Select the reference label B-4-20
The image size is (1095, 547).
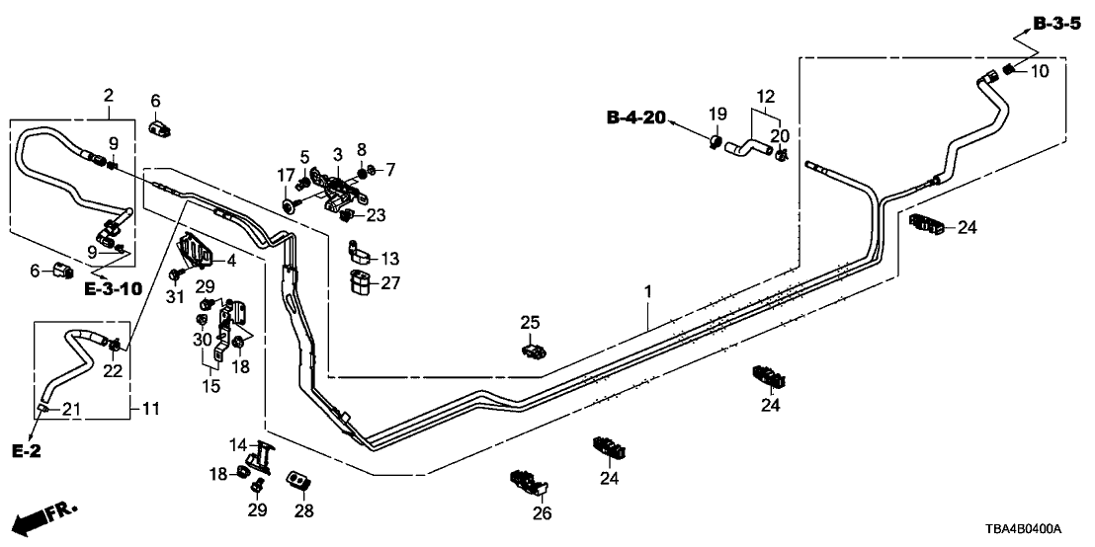point(634,119)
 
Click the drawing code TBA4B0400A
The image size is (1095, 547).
point(1039,530)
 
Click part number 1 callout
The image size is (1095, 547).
point(648,293)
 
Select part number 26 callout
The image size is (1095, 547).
point(543,512)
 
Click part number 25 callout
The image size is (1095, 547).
point(531,322)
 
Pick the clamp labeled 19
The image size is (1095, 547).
point(714,145)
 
